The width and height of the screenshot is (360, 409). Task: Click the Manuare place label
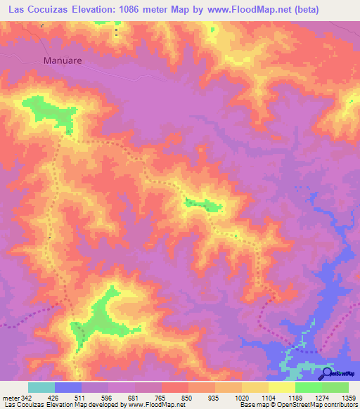[x=63, y=60]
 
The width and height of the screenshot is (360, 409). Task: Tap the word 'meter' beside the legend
[x=11, y=397]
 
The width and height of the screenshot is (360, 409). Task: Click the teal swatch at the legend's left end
[x=41, y=387]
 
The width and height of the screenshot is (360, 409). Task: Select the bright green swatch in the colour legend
[x=309, y=387]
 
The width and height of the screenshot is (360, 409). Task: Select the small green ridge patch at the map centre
[x=204, y=205]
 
